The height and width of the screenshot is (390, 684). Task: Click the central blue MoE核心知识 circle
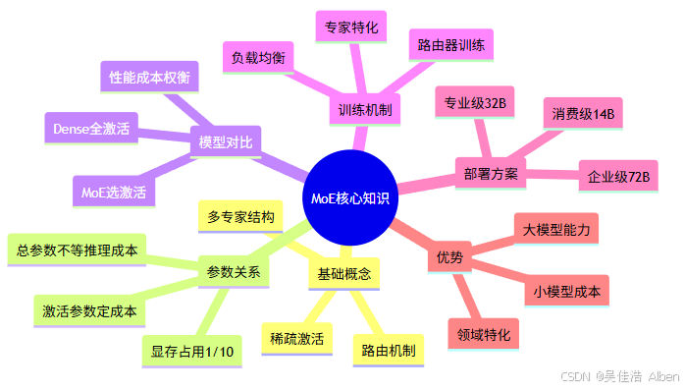pyautogui.click(x=349, y=197)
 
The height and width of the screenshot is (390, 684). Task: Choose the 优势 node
pyautogui.click(x=449, y=258)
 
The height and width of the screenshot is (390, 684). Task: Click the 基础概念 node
pyautogui.click(x=342, y=273)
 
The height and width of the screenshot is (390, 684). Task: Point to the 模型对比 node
pyautogui.click(x=225, y=142)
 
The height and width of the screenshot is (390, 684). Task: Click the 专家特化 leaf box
pyautogui.click(x=351, y=26)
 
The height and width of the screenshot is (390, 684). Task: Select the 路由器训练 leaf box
pyautogui.click(x=451, y=45)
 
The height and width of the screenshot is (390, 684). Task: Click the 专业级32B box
pyautogui.click(x=474, y=102)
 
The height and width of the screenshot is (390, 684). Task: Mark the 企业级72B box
pyautogui.click(x=617, y=177)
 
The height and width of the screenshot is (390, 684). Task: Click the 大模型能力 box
pyautogui.click(x=555, y=230)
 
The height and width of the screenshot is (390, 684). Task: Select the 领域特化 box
pyautogui.click(x=483, y=334)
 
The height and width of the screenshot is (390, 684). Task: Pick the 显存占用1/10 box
pyautogui.click(x=193, y=351)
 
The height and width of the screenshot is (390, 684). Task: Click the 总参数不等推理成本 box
pyautogui.click(x=77, y=250)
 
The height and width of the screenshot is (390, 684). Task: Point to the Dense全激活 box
pyautogui.click(x=91, y=128)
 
